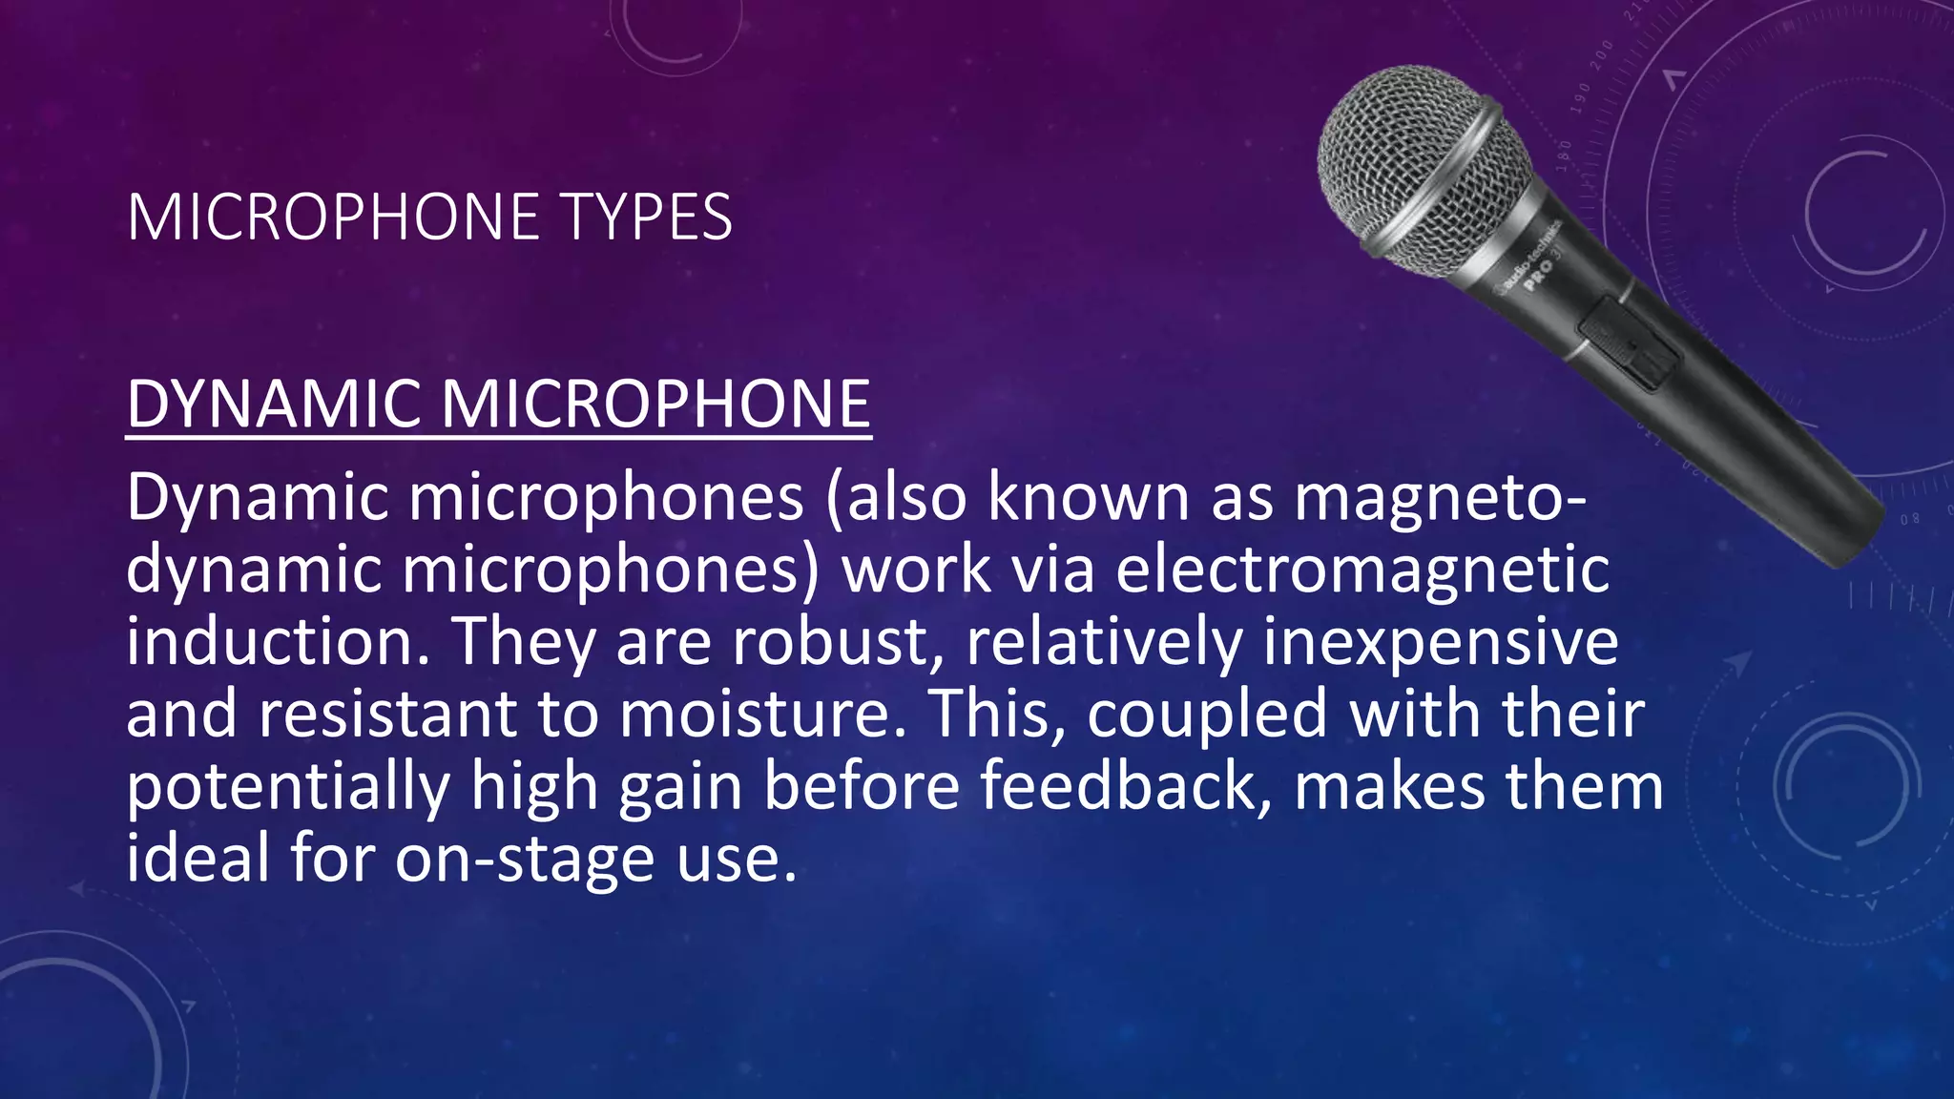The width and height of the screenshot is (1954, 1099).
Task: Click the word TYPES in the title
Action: (x=649, y=218)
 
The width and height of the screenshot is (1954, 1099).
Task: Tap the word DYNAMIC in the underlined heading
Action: (x=274, y=404)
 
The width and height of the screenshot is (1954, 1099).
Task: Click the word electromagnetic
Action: (x=1362, y=570)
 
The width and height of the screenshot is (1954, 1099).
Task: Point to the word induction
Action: (x=269, y=641)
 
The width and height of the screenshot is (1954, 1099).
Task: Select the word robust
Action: (x=830, y=641)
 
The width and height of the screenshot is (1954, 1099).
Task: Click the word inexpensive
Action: (x=1441, y=641)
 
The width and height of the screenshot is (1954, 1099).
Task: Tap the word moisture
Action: (x=756, y=714)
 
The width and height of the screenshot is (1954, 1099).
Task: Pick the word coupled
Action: (x=1207, y=715)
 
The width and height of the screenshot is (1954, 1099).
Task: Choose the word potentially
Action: (x=288, y=788)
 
